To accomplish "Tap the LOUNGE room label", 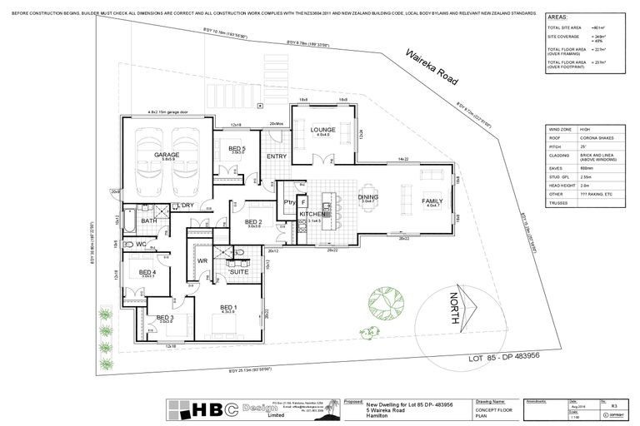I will (x=322, y=130).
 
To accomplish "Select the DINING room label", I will (x=367, y=197).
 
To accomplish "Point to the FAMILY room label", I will (x=432, y=201).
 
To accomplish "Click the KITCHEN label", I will (x=310, y=215).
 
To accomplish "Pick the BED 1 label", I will (x=228, y=307).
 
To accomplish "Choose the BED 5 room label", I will (x=237, y=148).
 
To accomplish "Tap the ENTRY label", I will (x=277, y=156).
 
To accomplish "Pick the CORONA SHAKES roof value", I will (x=598, y=137).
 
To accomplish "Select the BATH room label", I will (x=148, y=220).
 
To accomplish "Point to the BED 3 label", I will (x=165, y=317).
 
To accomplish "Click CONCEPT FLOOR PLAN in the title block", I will (x=489, y=410).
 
